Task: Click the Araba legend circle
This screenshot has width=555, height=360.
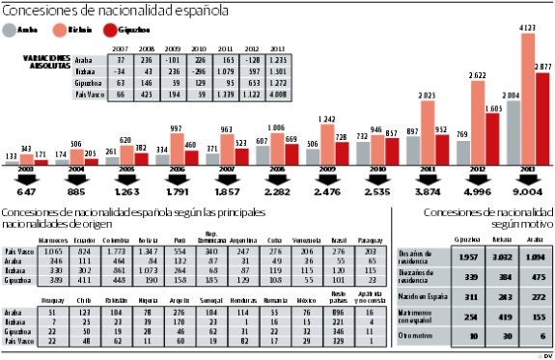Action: point(11,30)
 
